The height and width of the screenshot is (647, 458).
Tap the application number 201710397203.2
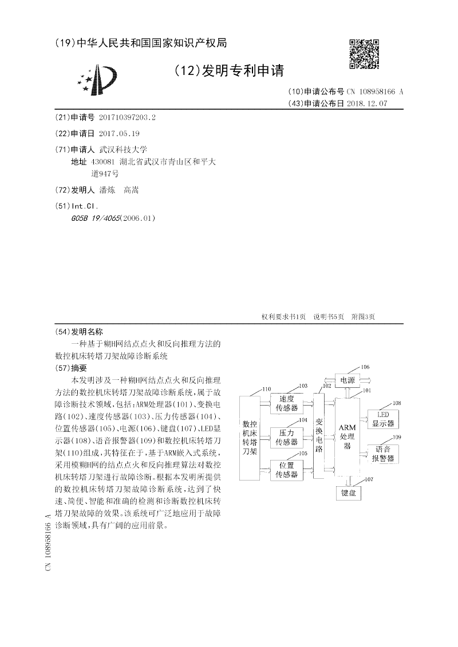pyautogui.click(x=127, y=117)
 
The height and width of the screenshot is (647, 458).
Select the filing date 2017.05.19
pyautogui.click(x=119, y=133)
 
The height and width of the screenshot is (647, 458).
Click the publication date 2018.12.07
pyautogui.click(x=370, y=104)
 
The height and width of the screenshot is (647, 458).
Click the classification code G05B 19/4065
pyautogui.click(x=104, y=218)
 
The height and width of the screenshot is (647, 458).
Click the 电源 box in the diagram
pyautogui.click(x=347, y=380)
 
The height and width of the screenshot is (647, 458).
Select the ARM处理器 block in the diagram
pyautogui.click(x=348, y=437)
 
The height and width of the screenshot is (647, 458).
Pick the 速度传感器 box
pyautogui.click(x=286, y=403)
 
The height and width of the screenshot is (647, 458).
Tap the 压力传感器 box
pyautogui.click(x=286, y=437)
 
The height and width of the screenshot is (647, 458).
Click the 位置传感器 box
pyautogui.click(x=286, y=470)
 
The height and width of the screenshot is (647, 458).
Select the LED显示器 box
pyautogui.click(x=383, y=419)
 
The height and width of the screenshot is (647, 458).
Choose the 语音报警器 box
pyautogui.click(x=383, y=454)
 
